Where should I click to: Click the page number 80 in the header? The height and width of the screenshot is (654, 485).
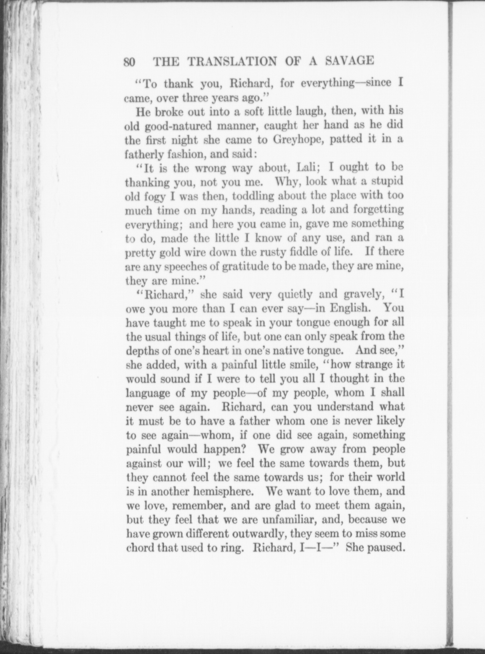(x=130, y=62)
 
